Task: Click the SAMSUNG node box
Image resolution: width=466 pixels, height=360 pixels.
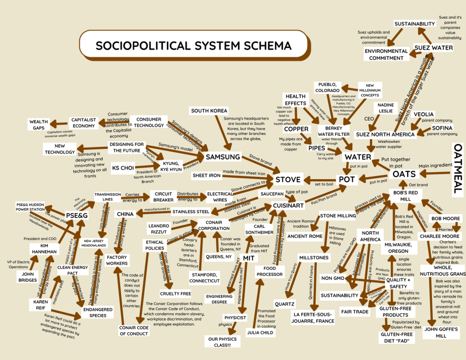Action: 223,157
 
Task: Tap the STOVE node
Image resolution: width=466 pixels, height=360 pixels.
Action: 287,179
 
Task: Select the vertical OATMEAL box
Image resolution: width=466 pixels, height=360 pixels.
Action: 458,170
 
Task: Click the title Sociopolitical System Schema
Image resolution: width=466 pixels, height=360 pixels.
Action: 193,46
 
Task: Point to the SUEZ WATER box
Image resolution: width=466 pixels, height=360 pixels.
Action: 433,48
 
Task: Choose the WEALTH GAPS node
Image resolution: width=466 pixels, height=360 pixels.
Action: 39,125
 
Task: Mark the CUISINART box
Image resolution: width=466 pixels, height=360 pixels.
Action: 288,206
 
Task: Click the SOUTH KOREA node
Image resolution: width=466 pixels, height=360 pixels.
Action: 209,111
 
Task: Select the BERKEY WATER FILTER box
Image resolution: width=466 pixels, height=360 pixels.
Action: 333,131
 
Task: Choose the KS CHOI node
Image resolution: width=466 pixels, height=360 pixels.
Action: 123,168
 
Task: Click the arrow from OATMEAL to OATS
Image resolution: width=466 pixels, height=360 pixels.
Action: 435,173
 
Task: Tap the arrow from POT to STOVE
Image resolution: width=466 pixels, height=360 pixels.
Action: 319,179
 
